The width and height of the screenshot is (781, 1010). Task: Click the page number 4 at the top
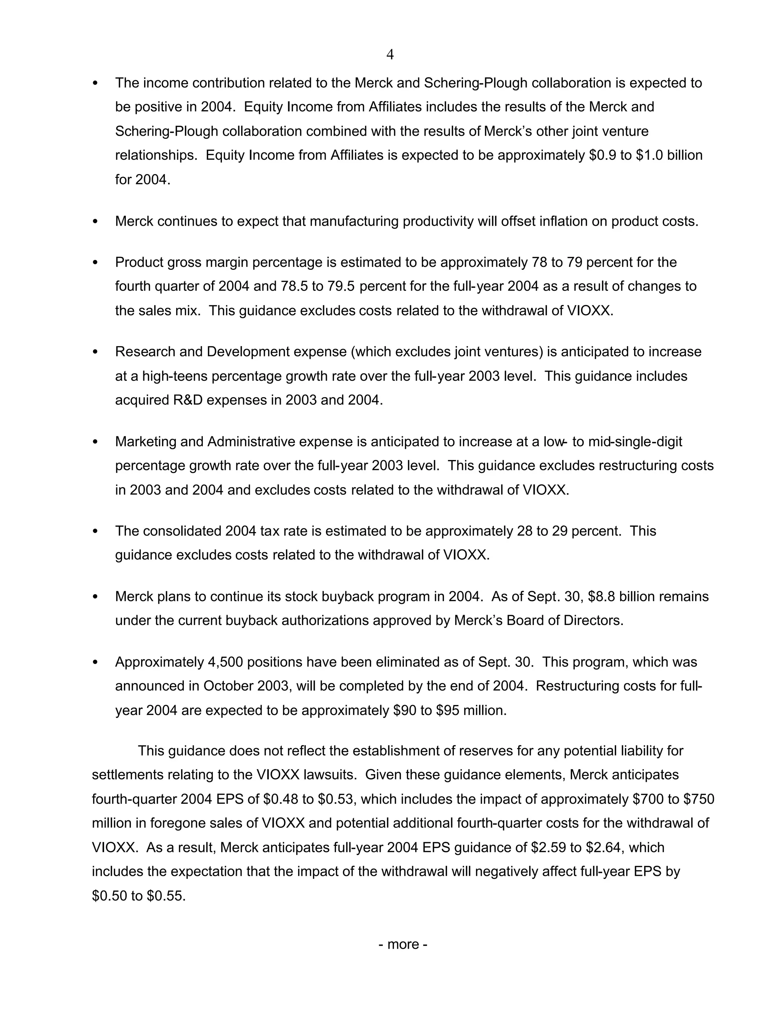(x=390, y=55)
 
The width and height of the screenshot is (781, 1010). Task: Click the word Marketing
(x=145, y=442)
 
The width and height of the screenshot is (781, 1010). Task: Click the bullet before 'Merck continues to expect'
(x=95, y=221)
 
